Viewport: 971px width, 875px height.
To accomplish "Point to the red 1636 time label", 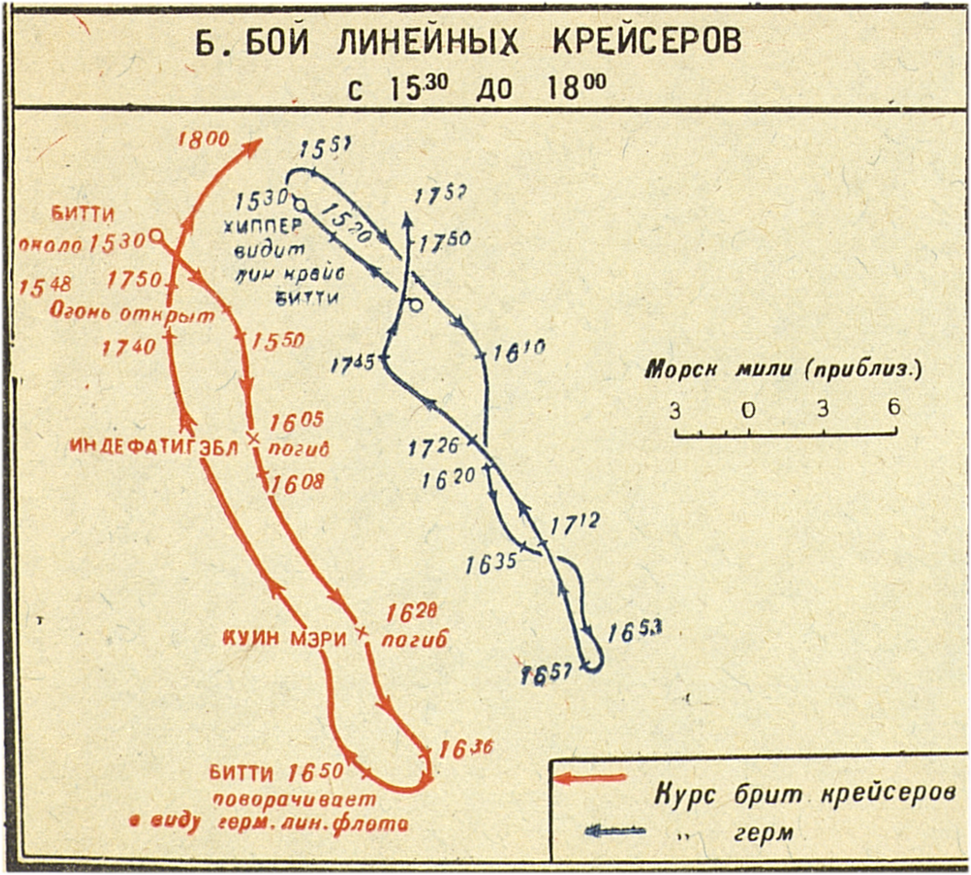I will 465,749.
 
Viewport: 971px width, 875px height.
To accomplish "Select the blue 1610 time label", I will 519,349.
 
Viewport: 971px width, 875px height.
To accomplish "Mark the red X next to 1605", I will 254,439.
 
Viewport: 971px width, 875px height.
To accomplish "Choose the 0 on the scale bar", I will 748,410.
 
